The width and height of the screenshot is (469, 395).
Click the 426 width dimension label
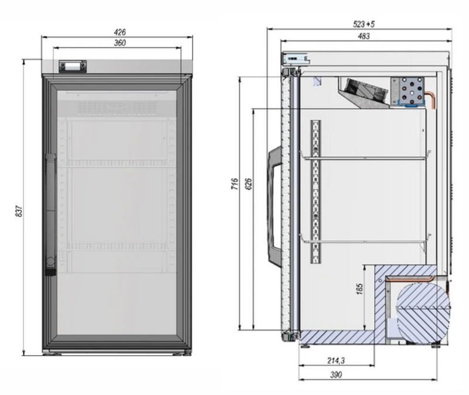tap(120, 32)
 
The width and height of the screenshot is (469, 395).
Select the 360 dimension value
tap(120, 43)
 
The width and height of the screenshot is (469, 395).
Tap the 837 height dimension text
tap(19, 211)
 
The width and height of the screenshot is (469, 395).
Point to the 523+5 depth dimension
tap(363, 24)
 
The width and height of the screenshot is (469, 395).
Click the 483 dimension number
tap(363, 36)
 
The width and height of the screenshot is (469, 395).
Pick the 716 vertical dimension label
tap(235, 183)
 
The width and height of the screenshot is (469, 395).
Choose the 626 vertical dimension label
tap(249, 183)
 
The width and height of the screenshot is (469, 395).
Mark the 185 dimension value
tap(360, 289)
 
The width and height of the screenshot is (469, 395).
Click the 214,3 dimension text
tap(336, 360)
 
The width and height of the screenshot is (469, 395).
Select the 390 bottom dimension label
tap(336, 374)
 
